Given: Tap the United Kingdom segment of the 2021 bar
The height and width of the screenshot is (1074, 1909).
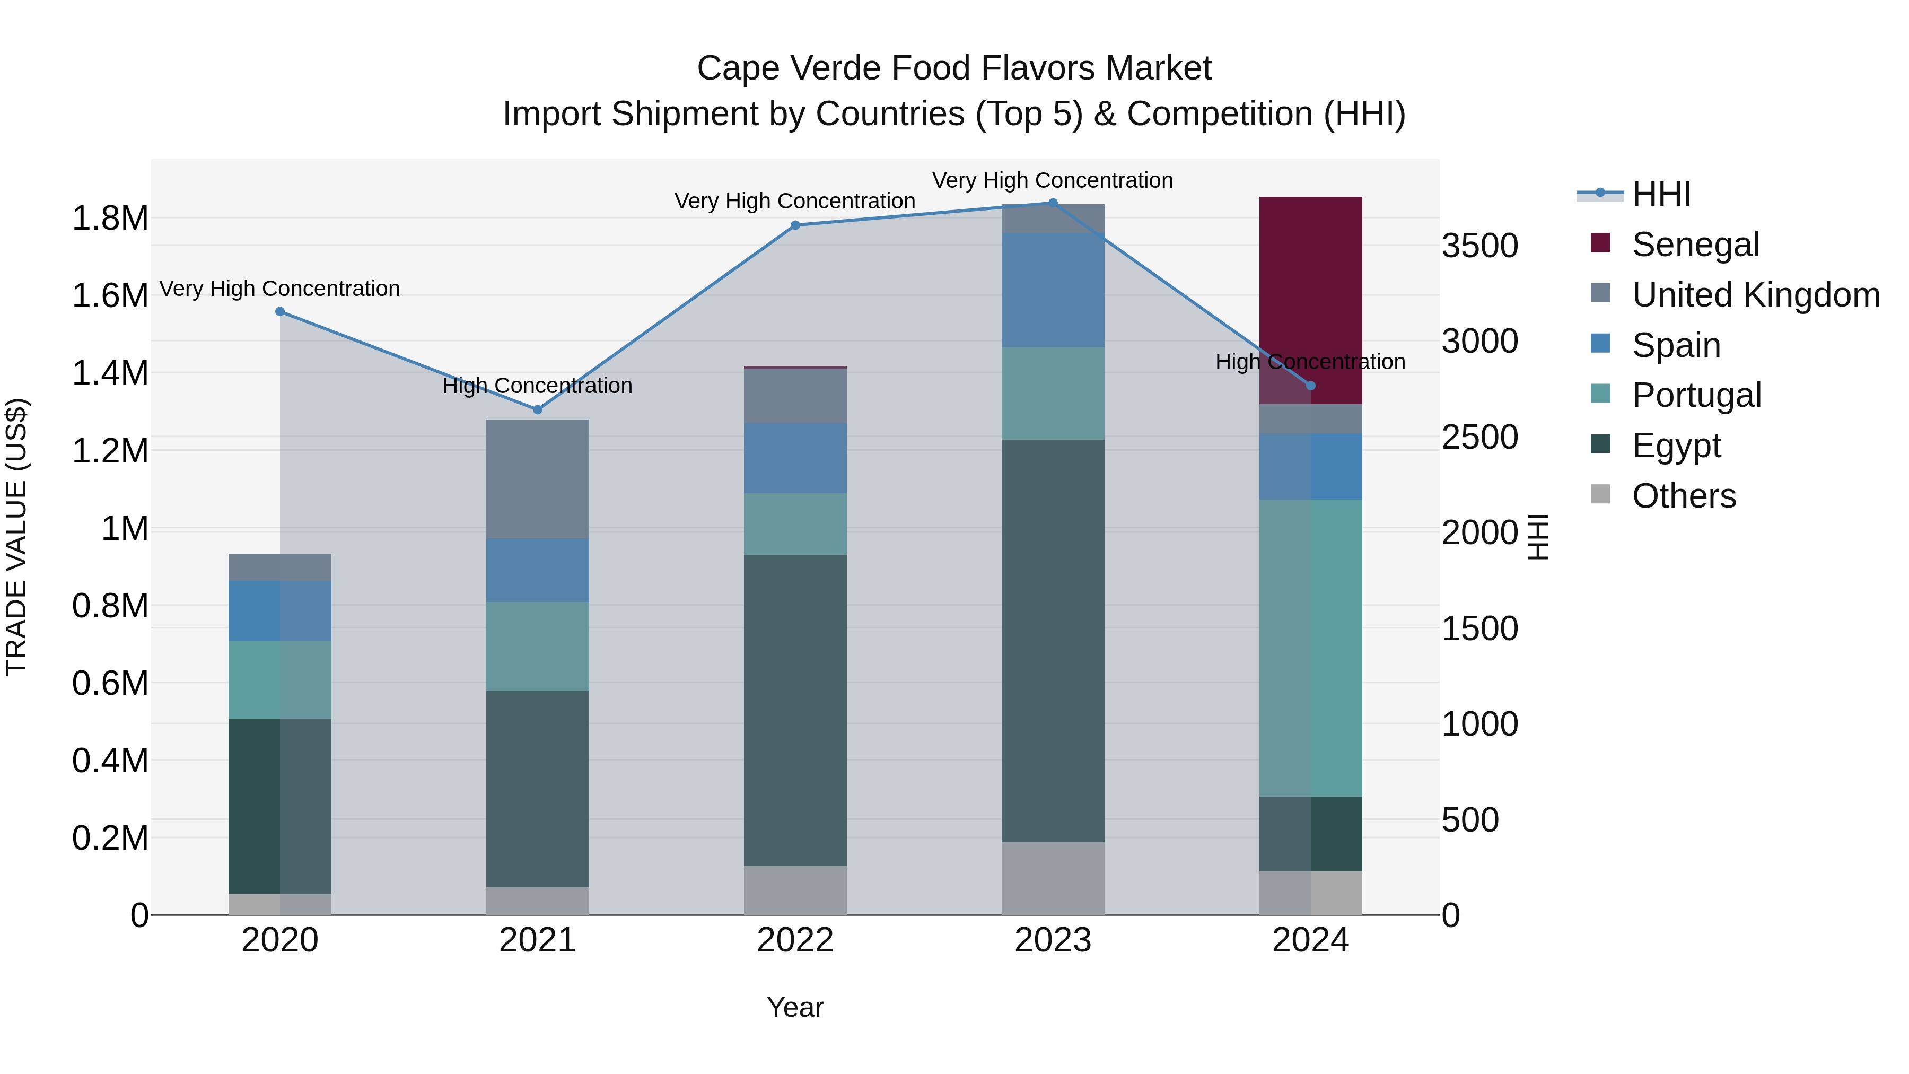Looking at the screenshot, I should click(537, 479).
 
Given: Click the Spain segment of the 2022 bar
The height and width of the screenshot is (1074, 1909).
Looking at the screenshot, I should click(795, 458).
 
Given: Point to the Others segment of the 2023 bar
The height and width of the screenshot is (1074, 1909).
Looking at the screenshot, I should click(1052, 878).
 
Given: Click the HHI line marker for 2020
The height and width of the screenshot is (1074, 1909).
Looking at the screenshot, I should click(280, 312).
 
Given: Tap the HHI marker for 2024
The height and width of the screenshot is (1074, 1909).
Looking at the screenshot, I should click(1310, 386).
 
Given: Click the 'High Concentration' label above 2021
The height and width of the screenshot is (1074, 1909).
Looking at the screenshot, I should click(537, 386).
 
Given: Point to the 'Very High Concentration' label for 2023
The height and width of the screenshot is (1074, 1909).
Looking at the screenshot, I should click(1052, 181).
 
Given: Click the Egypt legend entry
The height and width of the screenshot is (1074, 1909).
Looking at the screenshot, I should click(1676, 446).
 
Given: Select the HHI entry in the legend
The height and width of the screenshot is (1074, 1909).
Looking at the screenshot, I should click(1661, 194).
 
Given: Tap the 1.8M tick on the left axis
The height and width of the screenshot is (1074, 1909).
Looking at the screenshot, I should click(110, 219).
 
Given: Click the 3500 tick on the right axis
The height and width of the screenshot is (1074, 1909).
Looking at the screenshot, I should click(1479, 246).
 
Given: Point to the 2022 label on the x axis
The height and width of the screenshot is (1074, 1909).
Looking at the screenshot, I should click(795, 940).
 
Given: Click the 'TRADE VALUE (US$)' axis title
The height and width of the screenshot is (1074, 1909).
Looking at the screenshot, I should click(16, 537).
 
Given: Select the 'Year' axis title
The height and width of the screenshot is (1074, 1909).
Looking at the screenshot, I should click(795, 1007).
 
